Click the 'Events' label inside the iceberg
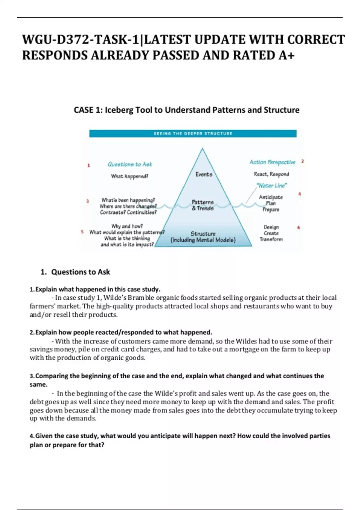tap(204, 174)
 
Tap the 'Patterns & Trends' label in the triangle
tap(203, 205)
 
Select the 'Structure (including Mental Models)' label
tap(203, 237)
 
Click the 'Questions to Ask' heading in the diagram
tap(130, 164)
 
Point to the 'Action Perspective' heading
tap(272, 162)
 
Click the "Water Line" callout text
tap(272, 186)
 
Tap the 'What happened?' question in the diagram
tap(130, 176)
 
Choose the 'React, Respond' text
tap(271, 174)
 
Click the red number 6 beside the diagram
tap(298, 227)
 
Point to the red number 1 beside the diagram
tap(88, 165)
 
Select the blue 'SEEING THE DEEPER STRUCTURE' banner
tap(193, 133)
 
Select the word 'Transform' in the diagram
tap(271, 239)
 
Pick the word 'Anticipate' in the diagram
tap(271, 197)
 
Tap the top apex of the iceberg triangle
tap(202, 148)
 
